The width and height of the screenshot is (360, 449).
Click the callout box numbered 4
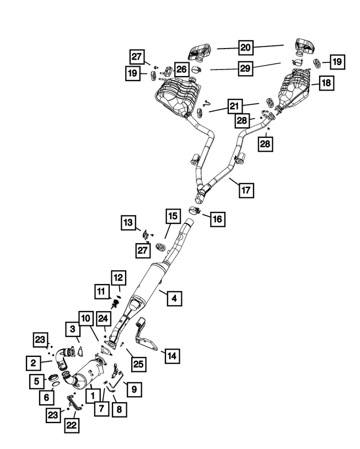173,298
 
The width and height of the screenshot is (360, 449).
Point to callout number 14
173,356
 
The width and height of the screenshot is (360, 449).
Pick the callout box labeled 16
217,219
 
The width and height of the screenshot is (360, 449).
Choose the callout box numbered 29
246,68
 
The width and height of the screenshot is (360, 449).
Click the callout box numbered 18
325,83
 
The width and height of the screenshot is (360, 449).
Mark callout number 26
182,69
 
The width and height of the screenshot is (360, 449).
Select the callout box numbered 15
173,216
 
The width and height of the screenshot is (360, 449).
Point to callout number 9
133,390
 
